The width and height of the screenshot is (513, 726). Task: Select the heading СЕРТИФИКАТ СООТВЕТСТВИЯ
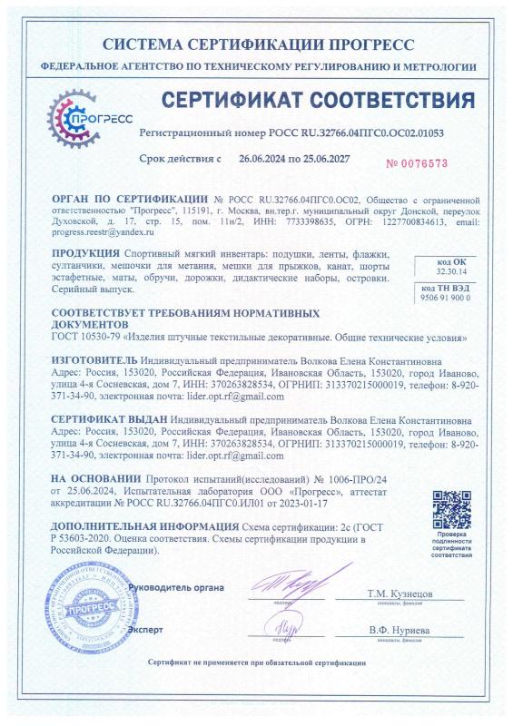point(317,100)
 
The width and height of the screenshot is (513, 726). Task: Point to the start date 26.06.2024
point(249,158)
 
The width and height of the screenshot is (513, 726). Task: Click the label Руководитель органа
point(176,588)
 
